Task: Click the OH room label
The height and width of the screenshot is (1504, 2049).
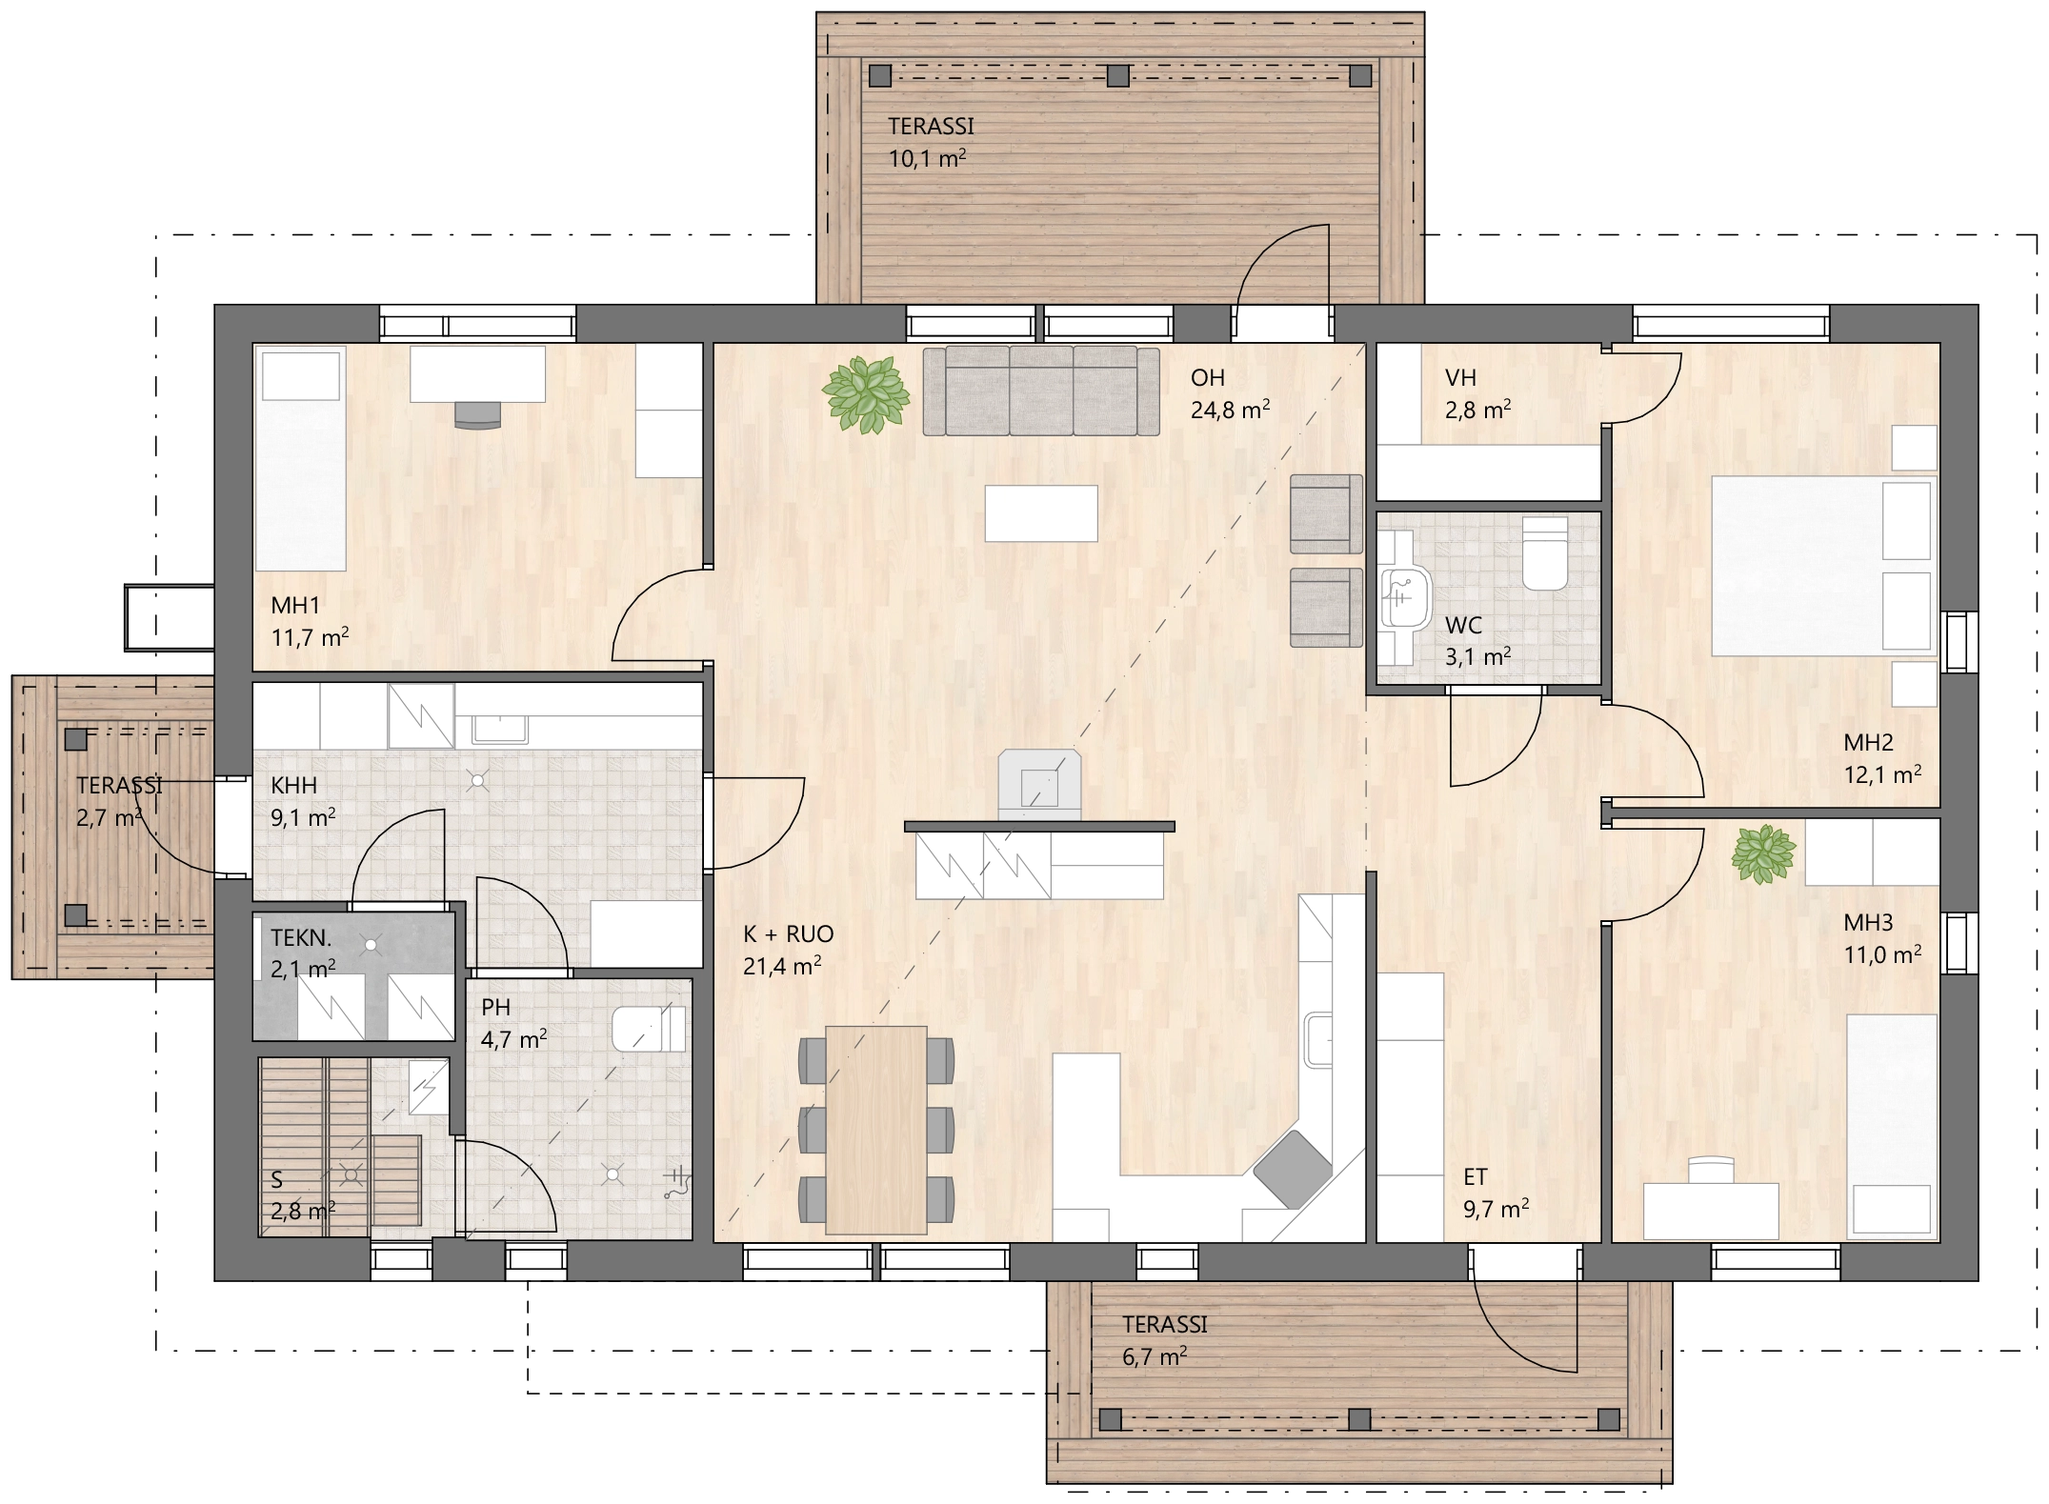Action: pos(1208,378)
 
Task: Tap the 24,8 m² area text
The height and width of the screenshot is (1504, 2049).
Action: pos(1230,410)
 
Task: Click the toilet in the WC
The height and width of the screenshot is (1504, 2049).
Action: pos(1545,553)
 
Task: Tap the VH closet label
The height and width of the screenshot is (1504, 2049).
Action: pos(1460,378)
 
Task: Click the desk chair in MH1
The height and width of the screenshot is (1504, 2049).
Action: pos(477,415)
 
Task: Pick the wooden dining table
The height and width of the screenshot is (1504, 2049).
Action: pos(876,1130)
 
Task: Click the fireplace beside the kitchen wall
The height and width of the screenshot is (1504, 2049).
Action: pos(1039,785)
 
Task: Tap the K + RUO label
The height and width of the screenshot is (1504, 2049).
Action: pos(789,934)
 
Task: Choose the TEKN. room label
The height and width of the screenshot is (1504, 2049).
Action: pos(301,937)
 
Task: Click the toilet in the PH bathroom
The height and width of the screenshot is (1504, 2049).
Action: pos(649,1030)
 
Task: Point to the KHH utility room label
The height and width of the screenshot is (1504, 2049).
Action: pos(294,786)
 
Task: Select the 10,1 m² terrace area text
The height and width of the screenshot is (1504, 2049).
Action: pos(927,158)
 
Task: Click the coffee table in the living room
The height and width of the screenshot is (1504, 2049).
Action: pos(1041,513)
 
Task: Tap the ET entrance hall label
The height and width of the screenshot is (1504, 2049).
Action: pos(1476,1177)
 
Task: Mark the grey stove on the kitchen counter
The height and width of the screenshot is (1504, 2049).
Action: pos(1293,1169)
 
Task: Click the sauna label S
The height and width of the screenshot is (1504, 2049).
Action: pos(277,1180)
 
